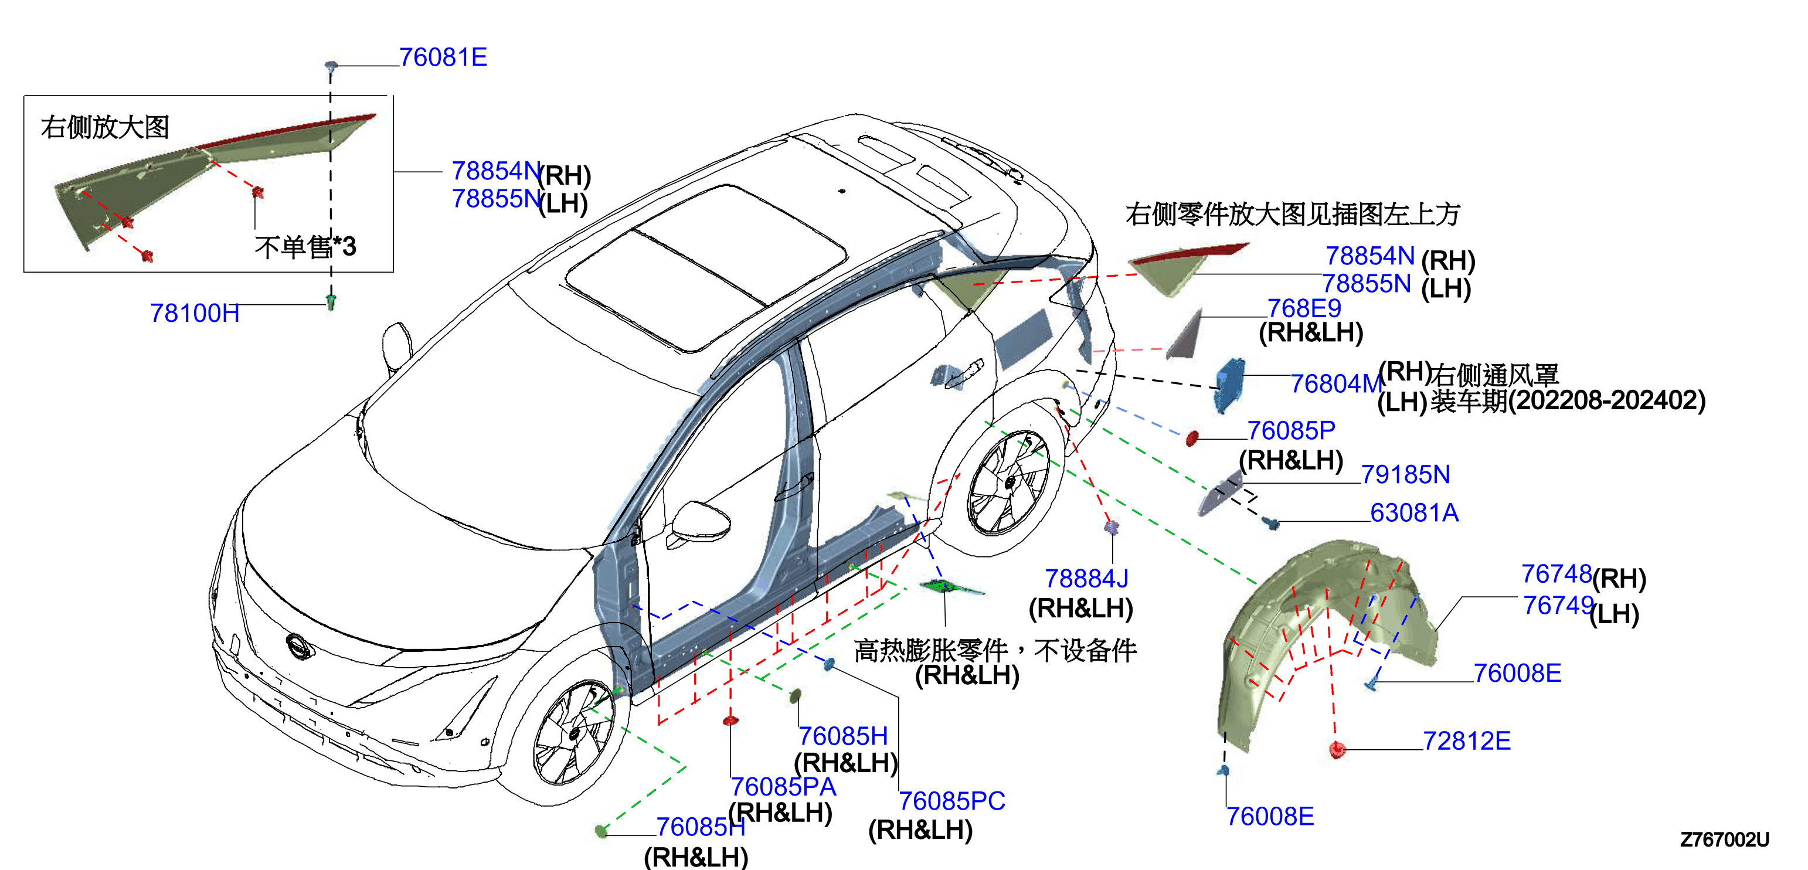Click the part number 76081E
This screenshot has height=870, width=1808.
443,57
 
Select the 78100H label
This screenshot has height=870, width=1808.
195,313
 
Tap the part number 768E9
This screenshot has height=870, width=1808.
1304,308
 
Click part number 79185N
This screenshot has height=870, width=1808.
1405,475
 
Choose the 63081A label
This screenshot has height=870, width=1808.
1414,513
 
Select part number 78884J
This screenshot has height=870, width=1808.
1086,579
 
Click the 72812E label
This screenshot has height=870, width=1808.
1467,741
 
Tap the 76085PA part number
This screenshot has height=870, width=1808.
783,787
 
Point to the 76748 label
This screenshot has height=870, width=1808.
1556,574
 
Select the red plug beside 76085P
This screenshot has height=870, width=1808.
1191,439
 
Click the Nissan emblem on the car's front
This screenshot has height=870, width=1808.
299,646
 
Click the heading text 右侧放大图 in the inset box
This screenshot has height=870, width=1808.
106,127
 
